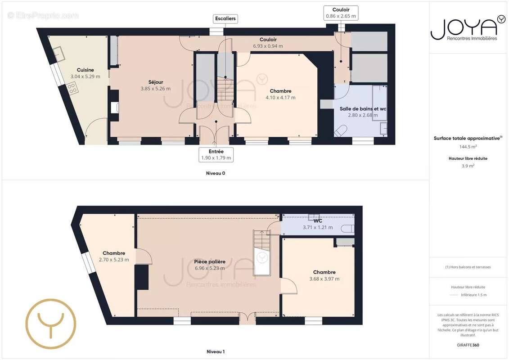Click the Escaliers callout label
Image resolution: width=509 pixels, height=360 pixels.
click(225, 19)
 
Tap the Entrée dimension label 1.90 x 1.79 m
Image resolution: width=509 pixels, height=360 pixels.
click(216, 158)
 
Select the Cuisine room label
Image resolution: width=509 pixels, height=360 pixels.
click(86, 70)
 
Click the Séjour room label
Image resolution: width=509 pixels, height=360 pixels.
click(156, 82)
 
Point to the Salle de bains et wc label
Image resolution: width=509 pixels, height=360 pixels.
click(363, 109)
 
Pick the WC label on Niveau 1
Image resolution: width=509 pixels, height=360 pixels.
click(318, 221)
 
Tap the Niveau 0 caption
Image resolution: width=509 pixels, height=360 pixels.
click(216, 173)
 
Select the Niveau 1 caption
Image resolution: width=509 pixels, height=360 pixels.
click(216, 351)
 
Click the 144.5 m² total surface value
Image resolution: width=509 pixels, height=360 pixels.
click(468, 147)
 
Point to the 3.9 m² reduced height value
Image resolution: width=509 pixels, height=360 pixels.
click(468, 166)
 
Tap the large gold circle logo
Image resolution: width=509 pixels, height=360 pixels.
click(50, 324)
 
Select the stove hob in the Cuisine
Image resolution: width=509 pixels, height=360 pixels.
click(72, 88)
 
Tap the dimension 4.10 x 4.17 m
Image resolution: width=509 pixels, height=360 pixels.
click(280, 98)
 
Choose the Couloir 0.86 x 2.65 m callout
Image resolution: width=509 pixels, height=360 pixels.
click(341, 16)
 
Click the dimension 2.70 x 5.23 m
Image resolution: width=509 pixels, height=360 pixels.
click(114, 260)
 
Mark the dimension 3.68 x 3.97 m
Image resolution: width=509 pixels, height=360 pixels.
click(324, 279)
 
